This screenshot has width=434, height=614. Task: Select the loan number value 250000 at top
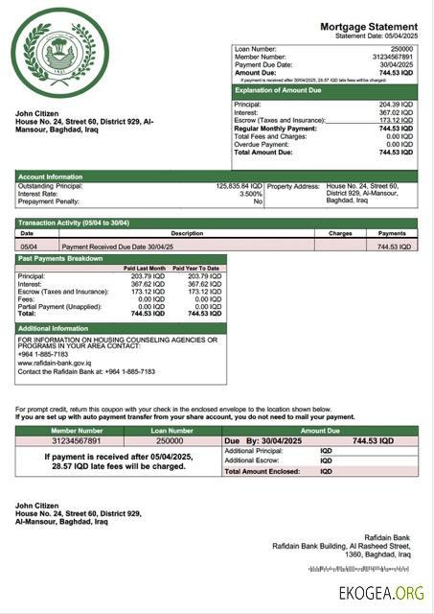[x=402, y=48]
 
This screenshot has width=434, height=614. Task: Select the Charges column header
[x=340, y=233]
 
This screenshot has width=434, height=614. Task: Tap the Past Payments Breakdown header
[x=60, y=259]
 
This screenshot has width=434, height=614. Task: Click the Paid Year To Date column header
[x=196, y=268]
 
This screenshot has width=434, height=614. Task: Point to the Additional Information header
[x=55, y=328]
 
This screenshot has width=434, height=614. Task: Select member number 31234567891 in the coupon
[x=77, y=440]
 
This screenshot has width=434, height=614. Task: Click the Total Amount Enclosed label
[x=262, y=471]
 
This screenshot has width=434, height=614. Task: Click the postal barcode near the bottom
[x=359, y=569]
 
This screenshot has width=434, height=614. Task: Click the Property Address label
[x=293, y=186]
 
